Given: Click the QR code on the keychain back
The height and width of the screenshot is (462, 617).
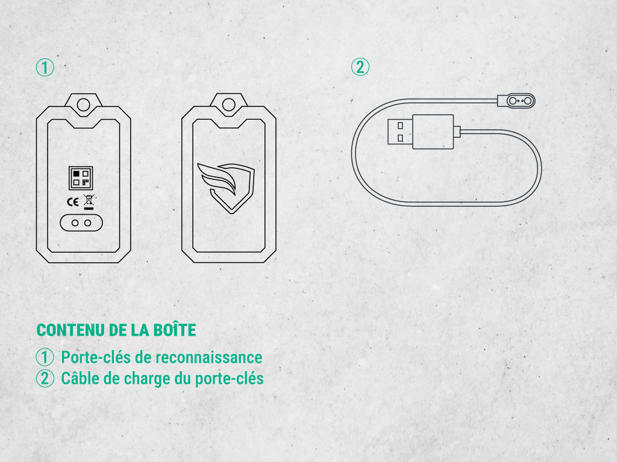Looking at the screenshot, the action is (81, 178).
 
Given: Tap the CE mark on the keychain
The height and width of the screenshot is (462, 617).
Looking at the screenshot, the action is (73, 202).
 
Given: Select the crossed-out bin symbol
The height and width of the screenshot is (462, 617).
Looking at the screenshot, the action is (89, 202).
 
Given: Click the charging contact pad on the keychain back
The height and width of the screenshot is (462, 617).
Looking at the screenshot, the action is (81, 223).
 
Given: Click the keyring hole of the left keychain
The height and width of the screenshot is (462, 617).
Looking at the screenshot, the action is (83, 105).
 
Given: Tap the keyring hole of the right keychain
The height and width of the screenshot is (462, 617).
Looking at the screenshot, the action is (228, 105).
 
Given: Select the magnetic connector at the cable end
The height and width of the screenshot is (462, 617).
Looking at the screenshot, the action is (516, 101).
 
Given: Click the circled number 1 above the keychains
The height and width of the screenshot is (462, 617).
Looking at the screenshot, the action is (45, 67).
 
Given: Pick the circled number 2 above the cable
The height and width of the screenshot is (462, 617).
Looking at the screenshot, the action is (360, 67).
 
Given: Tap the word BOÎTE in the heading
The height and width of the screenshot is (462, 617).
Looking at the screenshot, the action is (174, 330).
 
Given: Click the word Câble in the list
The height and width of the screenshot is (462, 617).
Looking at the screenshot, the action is (80, 378).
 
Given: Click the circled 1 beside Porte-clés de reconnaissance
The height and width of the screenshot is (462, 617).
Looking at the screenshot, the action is (45, 357).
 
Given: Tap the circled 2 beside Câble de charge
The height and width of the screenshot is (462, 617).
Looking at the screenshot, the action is (45, 379).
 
